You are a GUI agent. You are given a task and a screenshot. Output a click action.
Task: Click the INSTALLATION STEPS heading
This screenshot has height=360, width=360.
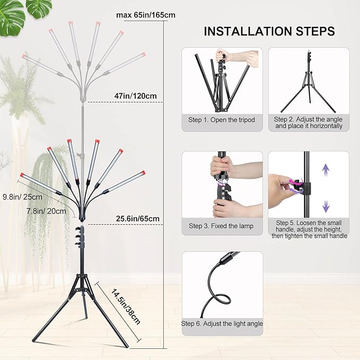coord(269,31)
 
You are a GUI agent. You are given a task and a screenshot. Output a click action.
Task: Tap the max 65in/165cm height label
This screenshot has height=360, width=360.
coord(146,15)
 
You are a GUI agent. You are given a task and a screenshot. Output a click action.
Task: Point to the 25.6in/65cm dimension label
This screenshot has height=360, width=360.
coord(138,218)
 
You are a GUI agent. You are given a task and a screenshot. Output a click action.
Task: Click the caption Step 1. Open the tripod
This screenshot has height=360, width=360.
coord(222,120)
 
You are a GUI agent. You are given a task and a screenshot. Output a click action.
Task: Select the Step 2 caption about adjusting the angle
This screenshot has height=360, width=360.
coord(309,123)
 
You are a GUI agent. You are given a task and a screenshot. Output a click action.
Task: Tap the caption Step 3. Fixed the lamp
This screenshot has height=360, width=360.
coord(221,226)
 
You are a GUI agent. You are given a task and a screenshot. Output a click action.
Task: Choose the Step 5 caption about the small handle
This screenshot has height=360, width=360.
coord(309,229)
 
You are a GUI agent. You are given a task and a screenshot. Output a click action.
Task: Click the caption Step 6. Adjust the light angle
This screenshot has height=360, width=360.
coord(222,323)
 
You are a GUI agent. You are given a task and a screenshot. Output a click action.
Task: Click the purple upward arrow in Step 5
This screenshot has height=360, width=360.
coord(326,170)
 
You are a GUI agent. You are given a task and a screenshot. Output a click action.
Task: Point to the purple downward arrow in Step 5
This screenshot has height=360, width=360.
coord(326,205)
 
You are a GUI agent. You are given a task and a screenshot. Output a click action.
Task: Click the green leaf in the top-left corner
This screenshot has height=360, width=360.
coord(12,16)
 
